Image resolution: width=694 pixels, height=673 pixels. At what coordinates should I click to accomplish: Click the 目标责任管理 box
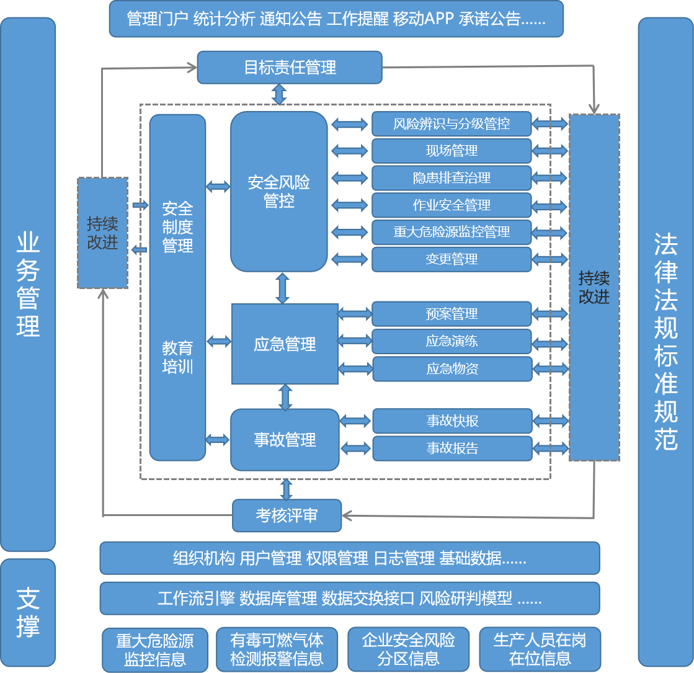click(x=289, y=68)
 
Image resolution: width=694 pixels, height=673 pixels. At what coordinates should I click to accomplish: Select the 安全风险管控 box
click(x=279, y=192)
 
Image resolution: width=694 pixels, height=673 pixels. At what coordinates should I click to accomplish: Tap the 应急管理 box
click(x=285, y=344)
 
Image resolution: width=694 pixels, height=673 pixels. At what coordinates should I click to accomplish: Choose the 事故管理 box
click(x=285, y=440)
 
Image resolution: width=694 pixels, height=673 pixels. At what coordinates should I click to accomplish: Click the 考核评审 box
click(x=287, y=515)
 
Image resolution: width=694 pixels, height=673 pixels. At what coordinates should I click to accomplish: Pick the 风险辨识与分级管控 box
click(x=452, y=124)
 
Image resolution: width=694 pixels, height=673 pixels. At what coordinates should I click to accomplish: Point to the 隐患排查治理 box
click(x=452, y=178)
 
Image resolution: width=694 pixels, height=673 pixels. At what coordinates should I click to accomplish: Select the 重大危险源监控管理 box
click(x=452, y=232)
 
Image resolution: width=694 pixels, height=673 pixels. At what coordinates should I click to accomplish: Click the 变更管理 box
click(x=452, y=259)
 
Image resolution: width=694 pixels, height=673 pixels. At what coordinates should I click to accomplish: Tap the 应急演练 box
click(x=452, y=341)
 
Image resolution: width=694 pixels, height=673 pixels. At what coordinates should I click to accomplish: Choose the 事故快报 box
click(x=452, y=421)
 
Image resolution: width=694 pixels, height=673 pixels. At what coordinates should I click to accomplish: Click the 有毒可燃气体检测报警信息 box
click(x=277, y=649)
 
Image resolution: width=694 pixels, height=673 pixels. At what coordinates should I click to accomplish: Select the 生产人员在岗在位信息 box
click(x=540, y=649)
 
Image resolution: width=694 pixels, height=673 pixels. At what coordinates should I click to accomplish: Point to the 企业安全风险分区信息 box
click(x=408, y=649)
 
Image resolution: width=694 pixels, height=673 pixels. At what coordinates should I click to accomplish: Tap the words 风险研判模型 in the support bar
click(x=466, y=599)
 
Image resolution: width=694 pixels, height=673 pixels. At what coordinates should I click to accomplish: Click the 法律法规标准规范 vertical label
click(x=665, y=341)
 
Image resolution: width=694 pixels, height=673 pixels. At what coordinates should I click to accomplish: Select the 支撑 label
click(x=28, y=612)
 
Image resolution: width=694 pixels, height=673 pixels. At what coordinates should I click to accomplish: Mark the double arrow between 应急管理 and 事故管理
click(x=285, y=397)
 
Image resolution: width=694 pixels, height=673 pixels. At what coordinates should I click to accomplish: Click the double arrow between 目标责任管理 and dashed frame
click(x=279, y=94)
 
